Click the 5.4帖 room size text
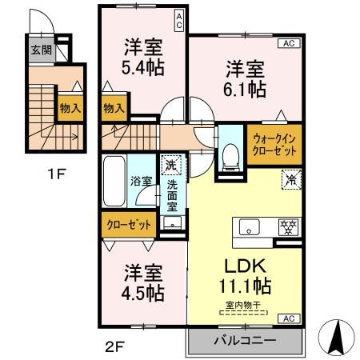pyautogui.click(x=144, y=68)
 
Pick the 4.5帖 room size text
pyautogui.click(x=143, y=291)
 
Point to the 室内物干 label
pyautogui.click(x=241, y=304)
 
